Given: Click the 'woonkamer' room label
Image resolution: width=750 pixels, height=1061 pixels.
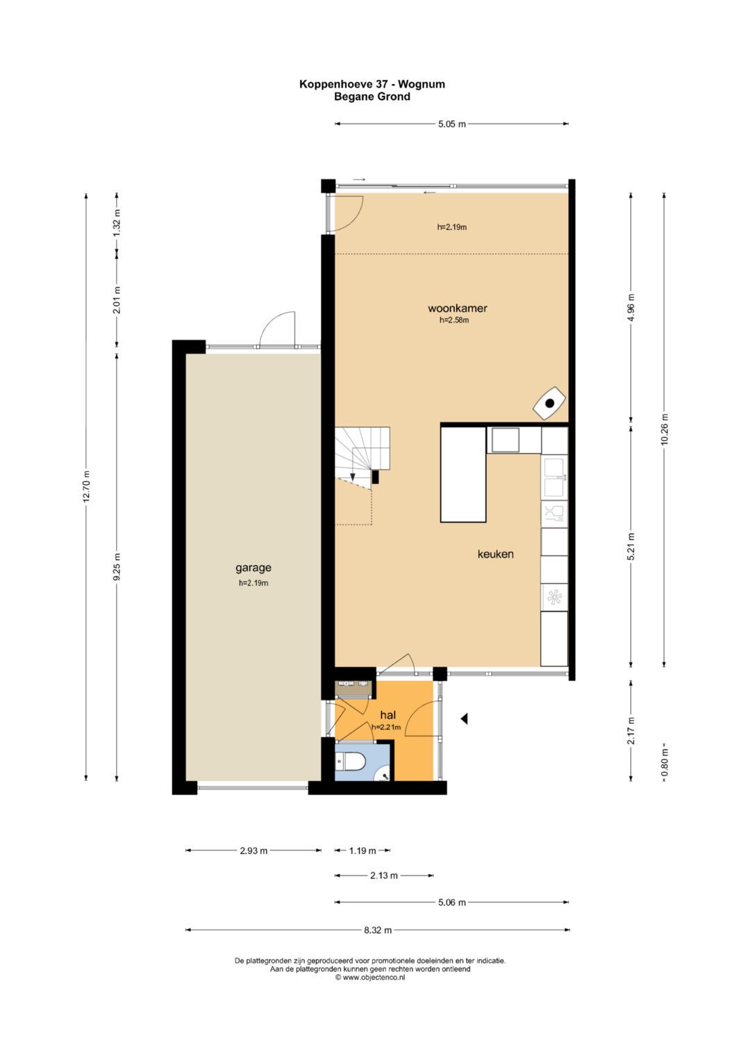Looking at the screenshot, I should tap(457, 308).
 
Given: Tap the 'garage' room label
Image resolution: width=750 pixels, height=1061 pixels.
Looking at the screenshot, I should tap(253, 568).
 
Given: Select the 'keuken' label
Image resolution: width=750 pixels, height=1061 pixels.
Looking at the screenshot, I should tap(495, 554).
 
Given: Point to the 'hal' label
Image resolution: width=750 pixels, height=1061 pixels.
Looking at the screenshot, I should tap(387, 715).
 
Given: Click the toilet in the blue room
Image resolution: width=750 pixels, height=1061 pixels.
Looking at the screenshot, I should tap(353, 763).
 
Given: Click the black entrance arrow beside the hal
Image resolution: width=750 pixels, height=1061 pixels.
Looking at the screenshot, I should tap(464, 719).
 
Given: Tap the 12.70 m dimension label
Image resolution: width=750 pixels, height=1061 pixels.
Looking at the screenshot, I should tap(86, 486).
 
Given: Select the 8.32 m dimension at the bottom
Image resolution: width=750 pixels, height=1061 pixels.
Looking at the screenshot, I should tap(378, 930).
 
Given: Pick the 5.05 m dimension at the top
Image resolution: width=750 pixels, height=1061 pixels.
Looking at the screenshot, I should tap(451, 124).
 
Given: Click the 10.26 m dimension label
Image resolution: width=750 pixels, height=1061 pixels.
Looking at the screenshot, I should tap(664, 429).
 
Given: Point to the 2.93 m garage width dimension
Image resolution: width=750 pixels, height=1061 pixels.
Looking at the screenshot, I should tap(253, 850).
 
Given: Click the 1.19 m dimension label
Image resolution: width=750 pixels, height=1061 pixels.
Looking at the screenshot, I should tap(362, 850).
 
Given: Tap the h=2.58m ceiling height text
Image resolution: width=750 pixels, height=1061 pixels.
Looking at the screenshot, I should tap(454, 320).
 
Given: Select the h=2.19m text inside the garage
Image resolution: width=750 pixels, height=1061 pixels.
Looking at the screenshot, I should tap(253, 583).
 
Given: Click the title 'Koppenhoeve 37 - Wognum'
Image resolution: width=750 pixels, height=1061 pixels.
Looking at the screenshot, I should tap(372, 84).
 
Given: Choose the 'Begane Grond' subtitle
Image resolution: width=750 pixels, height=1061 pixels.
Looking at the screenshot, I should tap(372, 97).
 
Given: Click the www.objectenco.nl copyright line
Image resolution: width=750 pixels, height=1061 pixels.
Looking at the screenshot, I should tap(370, 977).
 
